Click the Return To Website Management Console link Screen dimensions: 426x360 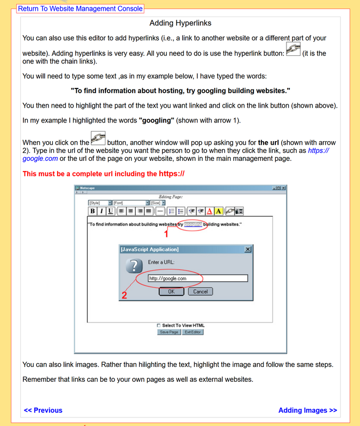(80, 9)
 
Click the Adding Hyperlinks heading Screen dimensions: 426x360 (180, 23)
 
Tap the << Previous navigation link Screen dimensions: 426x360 (43, 410)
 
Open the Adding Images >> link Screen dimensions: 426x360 (307, 410)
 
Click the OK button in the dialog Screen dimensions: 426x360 (171, 291)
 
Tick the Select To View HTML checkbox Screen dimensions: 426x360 (159, 325)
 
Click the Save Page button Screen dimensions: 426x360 (169, 332)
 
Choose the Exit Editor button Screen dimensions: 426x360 (193, 332)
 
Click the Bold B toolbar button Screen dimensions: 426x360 (93, 211)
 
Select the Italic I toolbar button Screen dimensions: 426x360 (101, 211)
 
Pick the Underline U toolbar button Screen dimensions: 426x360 (110, 211)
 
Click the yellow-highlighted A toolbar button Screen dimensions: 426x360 (219, 211)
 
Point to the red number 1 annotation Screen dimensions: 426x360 (166, 233)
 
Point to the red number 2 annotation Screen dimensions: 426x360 (124, 296)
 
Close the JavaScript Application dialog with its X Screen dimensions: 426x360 (248, 249)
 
